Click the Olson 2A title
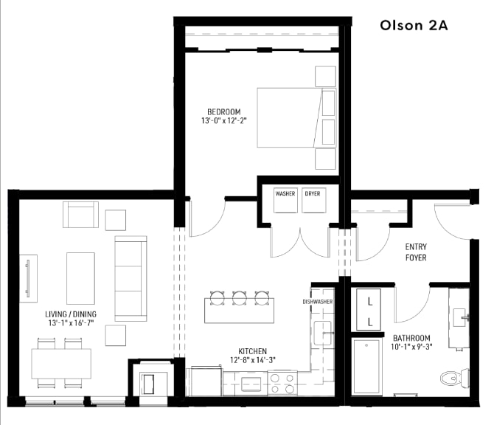414,24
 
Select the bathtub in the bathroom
366,376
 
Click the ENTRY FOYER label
416,252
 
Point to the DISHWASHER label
317,302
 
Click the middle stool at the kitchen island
239,297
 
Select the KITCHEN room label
252,351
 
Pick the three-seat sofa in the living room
131,278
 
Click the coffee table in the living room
80,277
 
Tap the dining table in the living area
61,362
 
